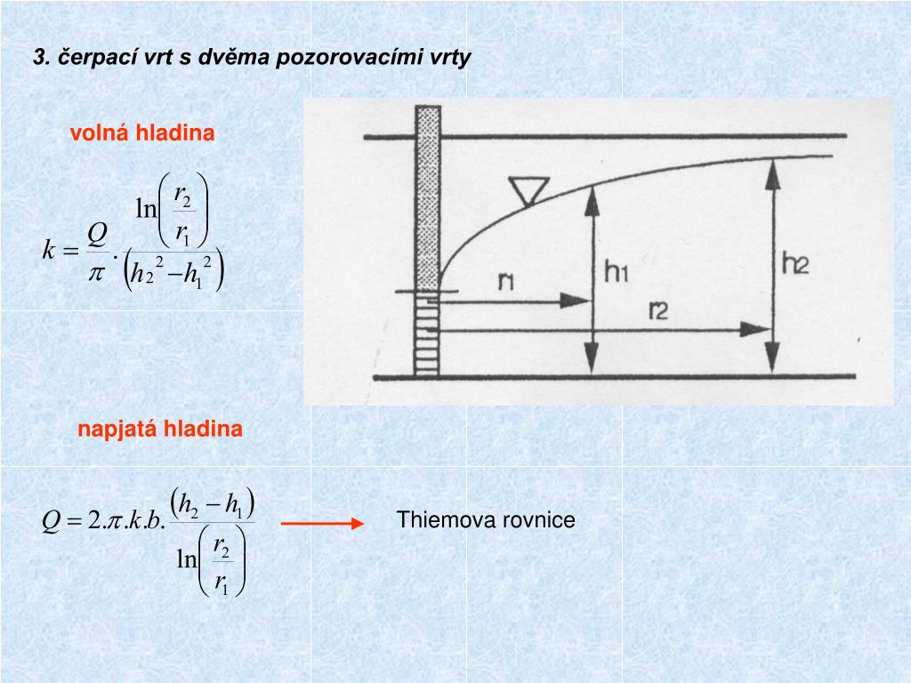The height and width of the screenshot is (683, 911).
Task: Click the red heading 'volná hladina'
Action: pyautogui.click(x=142, y=133)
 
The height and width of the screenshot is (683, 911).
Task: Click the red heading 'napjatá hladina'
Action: pyautogui.click(x=159, y=430)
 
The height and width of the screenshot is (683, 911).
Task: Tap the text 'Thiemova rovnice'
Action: pyautogui.click(x=486, y=520)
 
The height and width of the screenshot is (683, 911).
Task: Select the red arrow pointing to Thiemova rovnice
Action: pyautogui.click(x=322, y=524)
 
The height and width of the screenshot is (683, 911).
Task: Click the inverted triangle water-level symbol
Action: pyautogui.click(x=528, y=189)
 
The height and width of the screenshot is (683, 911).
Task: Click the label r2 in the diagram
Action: pyautogui.click(x=660, y=310)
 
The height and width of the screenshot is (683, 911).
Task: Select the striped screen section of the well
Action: pyautogui.click(x=428, y=333)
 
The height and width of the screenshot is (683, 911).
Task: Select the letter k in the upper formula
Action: pyautogui.click(x=49, y=250)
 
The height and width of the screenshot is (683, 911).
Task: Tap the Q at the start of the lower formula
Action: pyautogui.click(x=51, y=521)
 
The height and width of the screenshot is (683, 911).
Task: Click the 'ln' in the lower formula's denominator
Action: pyautogui.click(x=186, y=558)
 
